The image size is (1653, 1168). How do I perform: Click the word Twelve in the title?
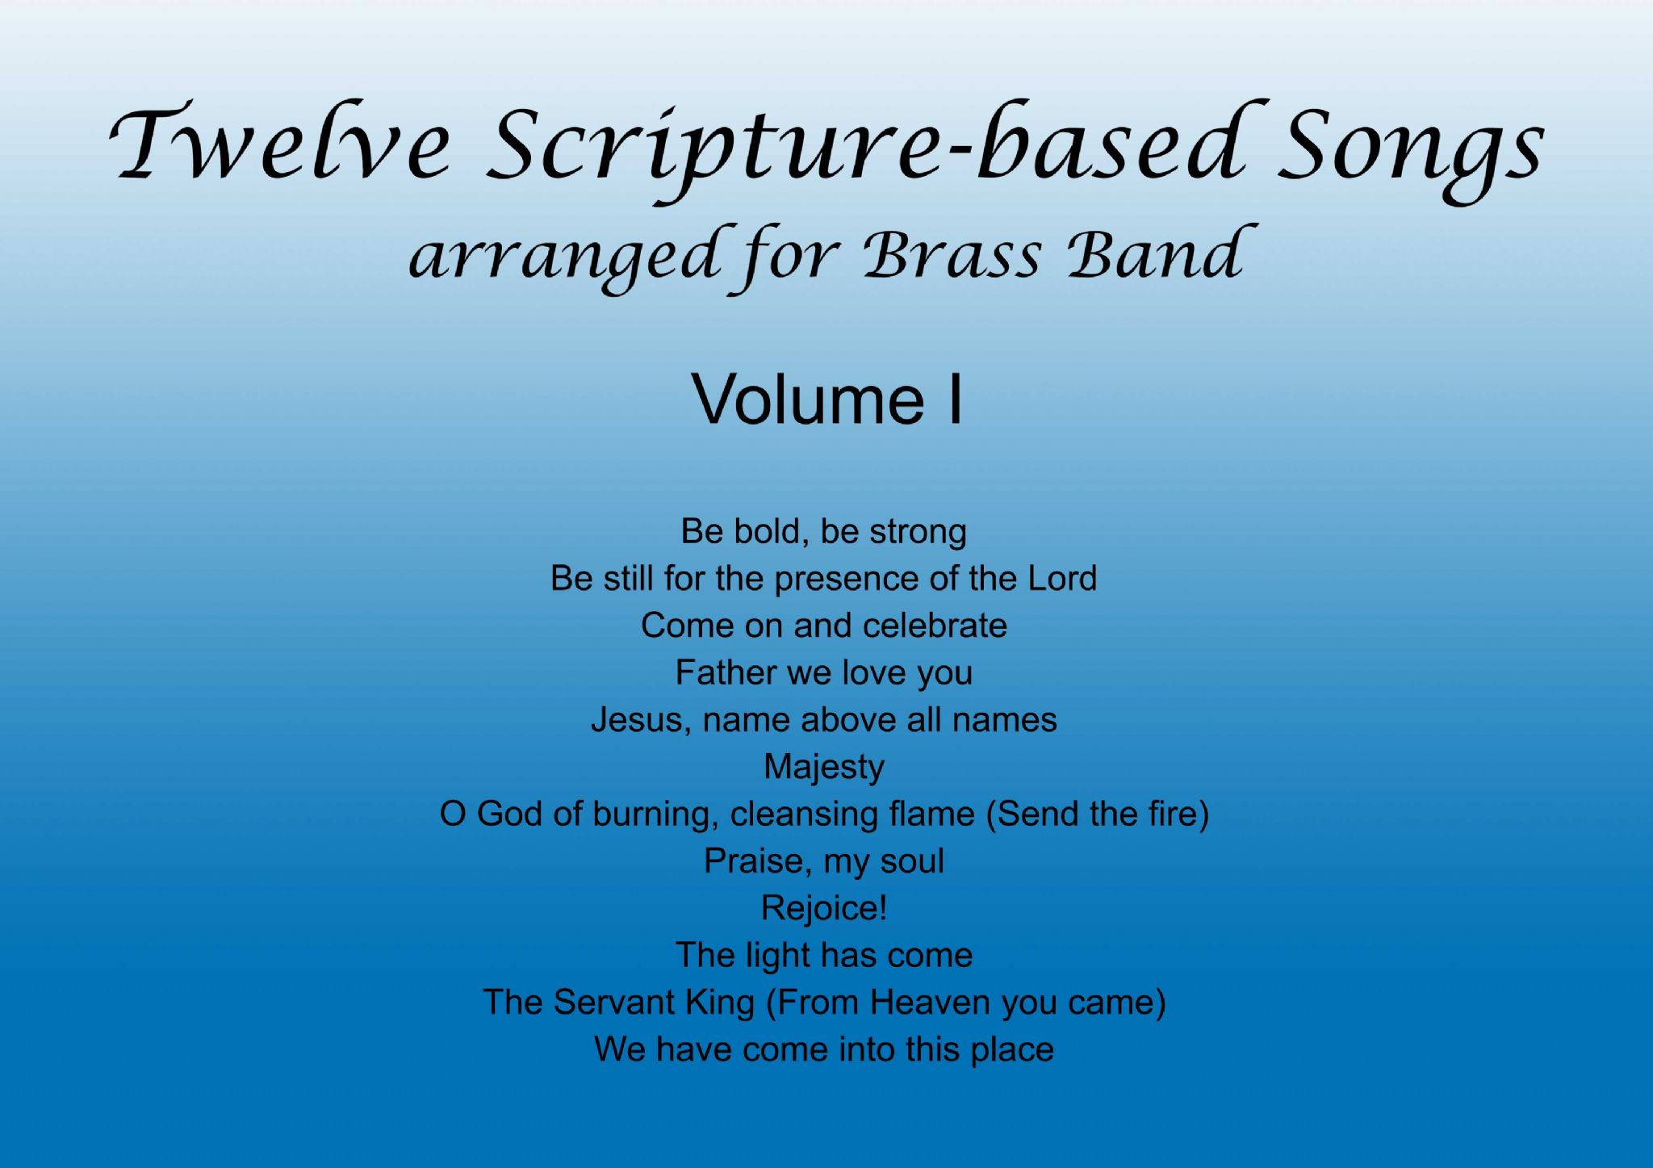tap(278, 145)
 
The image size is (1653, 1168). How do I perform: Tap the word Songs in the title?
tap(1408, 149)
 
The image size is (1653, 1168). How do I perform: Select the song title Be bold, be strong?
tap(823, 532)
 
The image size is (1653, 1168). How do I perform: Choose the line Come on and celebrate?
tap(823, 626)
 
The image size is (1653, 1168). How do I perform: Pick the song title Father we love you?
tap(823, 673)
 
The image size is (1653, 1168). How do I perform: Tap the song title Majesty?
tap(823, 768)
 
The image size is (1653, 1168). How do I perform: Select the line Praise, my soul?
tap(823, 861)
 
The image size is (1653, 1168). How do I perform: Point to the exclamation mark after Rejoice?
tap(882, 908)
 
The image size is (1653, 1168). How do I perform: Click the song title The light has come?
tap(823, 956)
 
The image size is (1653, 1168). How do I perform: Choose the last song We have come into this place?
tap(823, 1050)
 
